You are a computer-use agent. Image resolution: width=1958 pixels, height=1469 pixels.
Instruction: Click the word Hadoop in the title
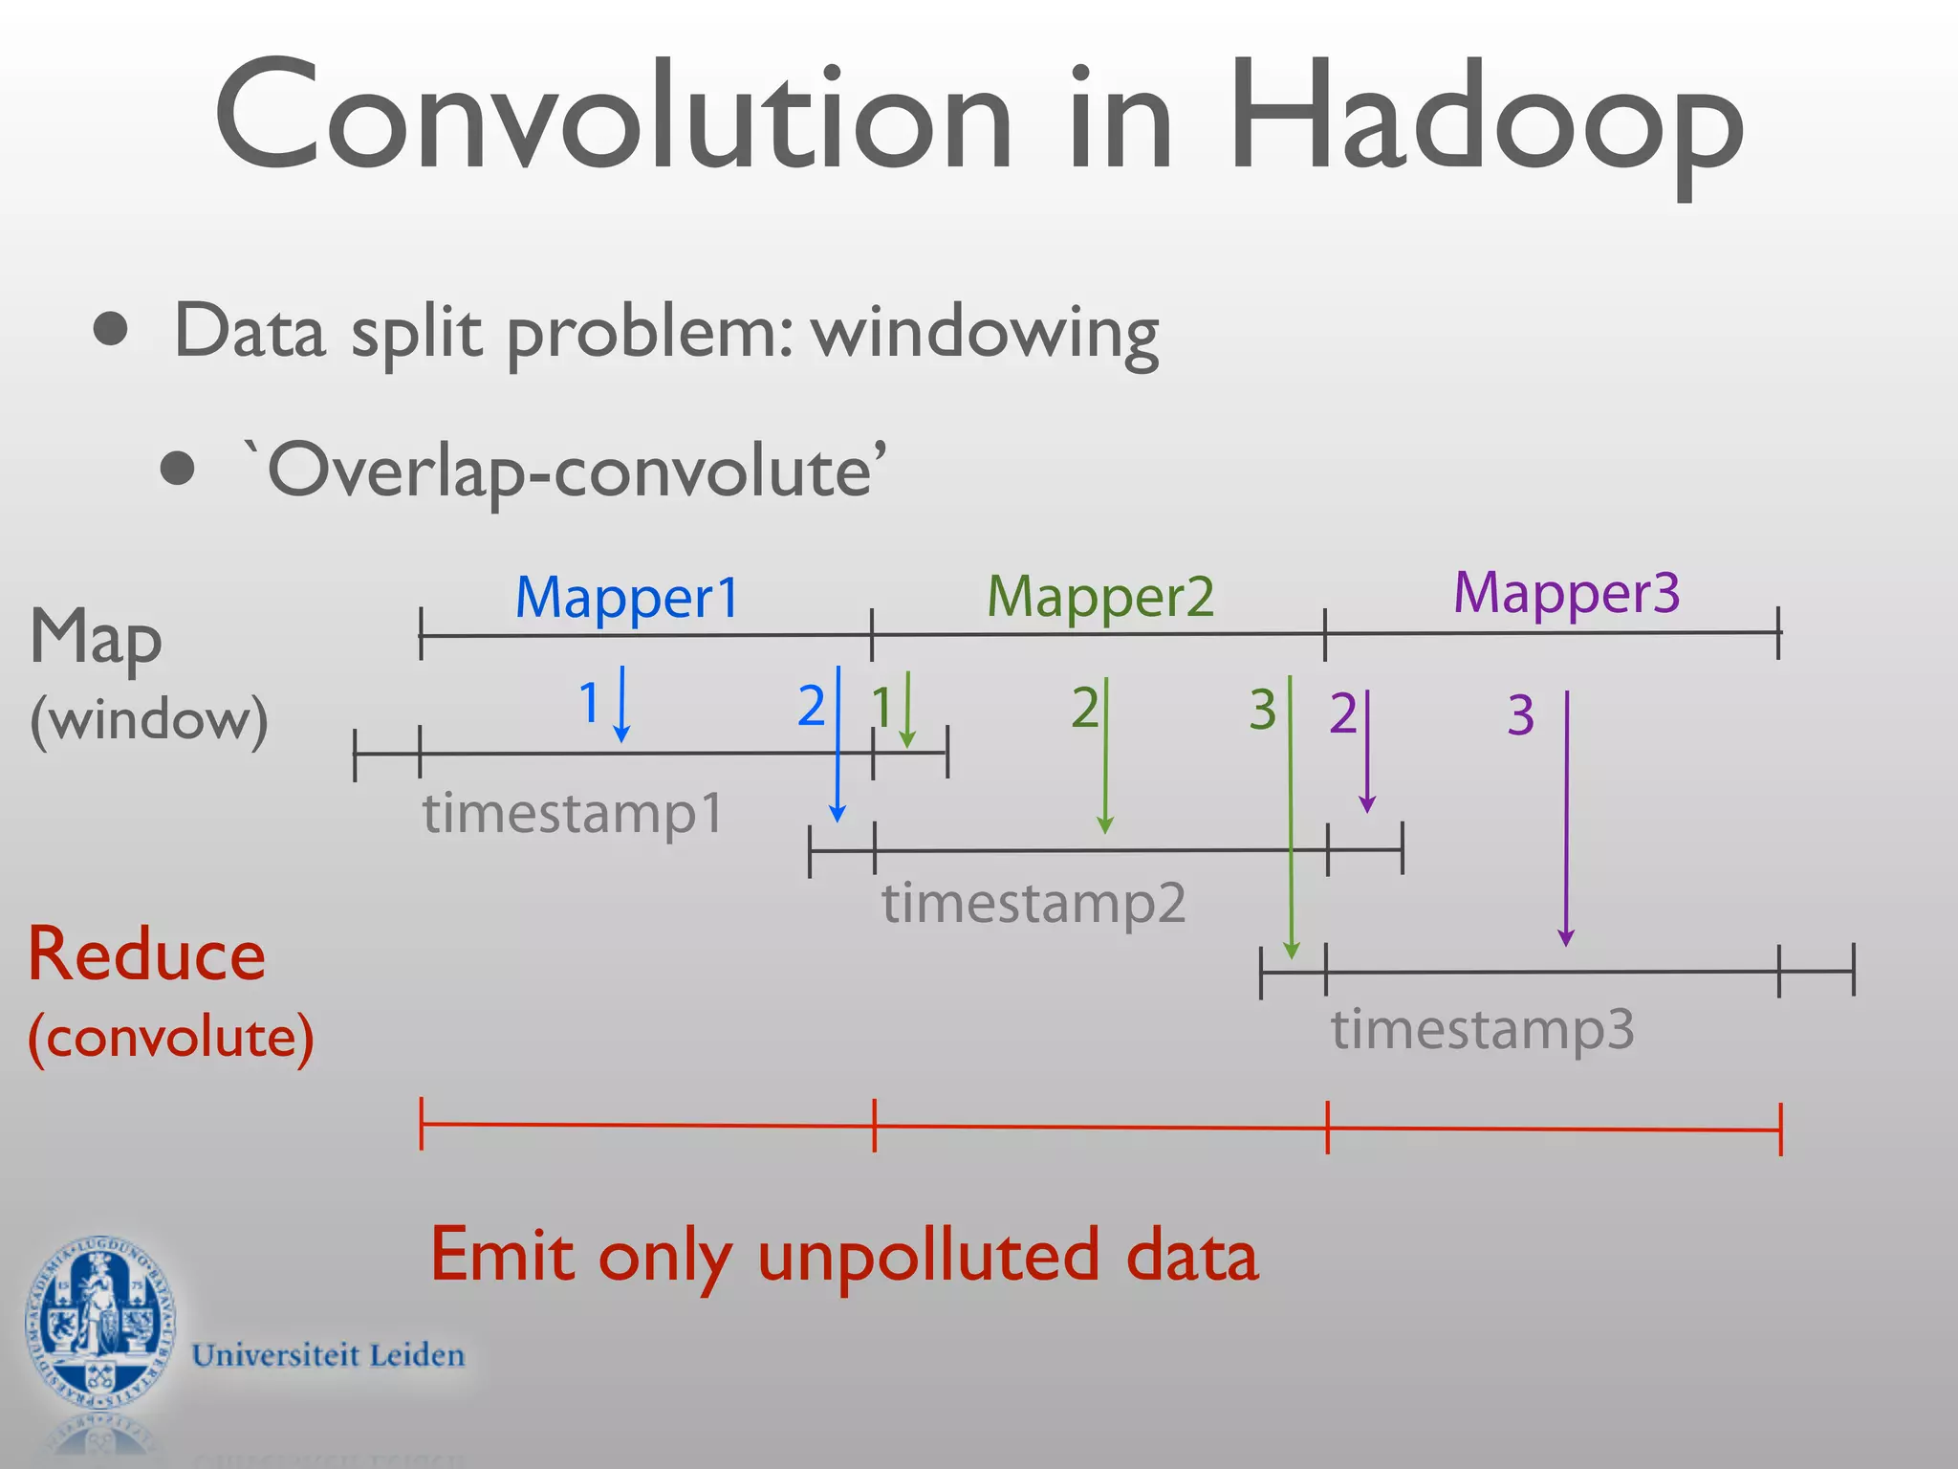tap(1487, 120)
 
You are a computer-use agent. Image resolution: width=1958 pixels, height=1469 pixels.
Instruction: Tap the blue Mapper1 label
tap(627, 598)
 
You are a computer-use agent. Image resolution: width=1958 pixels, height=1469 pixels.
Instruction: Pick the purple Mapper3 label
tap(1566, 593)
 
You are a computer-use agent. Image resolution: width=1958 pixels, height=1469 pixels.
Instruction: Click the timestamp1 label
tap(572, 813)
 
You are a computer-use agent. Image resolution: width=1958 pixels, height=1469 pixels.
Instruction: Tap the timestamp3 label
tap(1482, 1029)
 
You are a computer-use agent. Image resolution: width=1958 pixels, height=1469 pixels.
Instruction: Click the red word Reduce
tap(146, 954)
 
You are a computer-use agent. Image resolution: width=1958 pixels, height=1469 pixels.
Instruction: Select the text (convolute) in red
tap(170, 1038)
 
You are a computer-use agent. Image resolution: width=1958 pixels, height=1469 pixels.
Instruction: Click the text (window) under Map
tap(148, 719)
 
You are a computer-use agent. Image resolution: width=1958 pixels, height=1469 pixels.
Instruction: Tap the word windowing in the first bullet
tap(985, 333)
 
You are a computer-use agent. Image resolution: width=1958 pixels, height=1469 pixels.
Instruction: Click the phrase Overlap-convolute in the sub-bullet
tap(569, 471)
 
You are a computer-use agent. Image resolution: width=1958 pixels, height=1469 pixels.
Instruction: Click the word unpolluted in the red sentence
tap(927, 1256)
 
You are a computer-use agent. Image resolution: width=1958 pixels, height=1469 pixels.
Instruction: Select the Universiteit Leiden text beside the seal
tap(328, 1355)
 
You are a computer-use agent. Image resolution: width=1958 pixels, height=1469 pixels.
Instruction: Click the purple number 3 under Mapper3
tap(1520, 715)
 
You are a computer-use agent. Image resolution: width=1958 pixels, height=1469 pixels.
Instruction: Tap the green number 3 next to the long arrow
tap(1262, 710)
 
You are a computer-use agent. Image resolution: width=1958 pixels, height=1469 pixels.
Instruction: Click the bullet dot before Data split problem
tap(112, 330)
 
